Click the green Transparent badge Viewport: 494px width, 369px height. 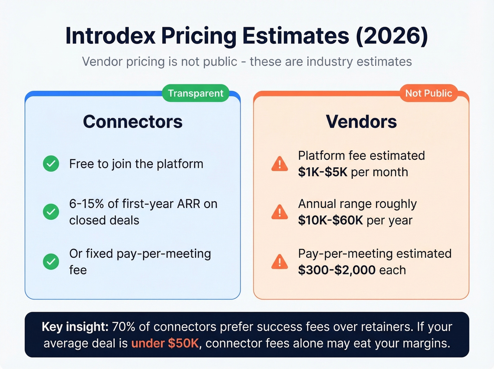click(195, 93)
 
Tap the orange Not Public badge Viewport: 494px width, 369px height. click(428, 93)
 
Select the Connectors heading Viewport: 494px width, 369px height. click(133, 122)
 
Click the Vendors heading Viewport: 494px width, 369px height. click(361, 122)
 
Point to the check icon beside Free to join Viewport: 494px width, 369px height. click(51, 164)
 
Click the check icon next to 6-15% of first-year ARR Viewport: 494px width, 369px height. click(51, 212)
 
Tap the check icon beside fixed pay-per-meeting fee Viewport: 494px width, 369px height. click(51, 262)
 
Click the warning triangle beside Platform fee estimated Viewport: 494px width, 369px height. click(280, 164)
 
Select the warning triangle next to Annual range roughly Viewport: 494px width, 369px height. click(280, 212)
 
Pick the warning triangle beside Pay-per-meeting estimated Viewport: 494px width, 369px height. click(280, 262)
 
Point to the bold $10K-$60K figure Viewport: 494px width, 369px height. click(330, 220)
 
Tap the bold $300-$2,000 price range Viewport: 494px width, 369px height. click(337, 270)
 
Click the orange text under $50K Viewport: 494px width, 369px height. click(165, 343)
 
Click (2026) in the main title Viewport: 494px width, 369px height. click(392, 36)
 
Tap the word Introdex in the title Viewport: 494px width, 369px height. click(110, 36)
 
